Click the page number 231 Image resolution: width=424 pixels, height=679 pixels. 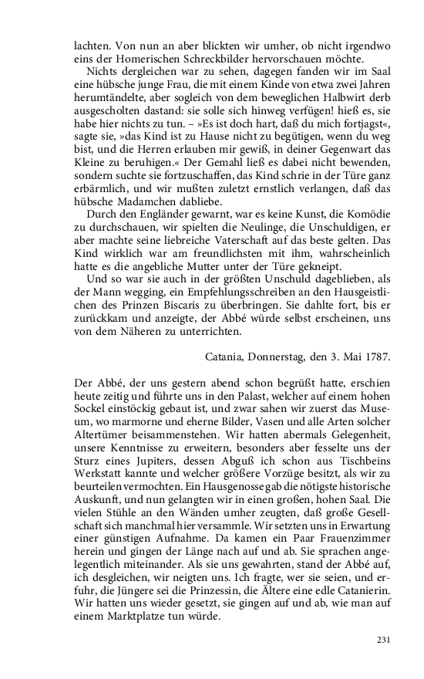(385, 640)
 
